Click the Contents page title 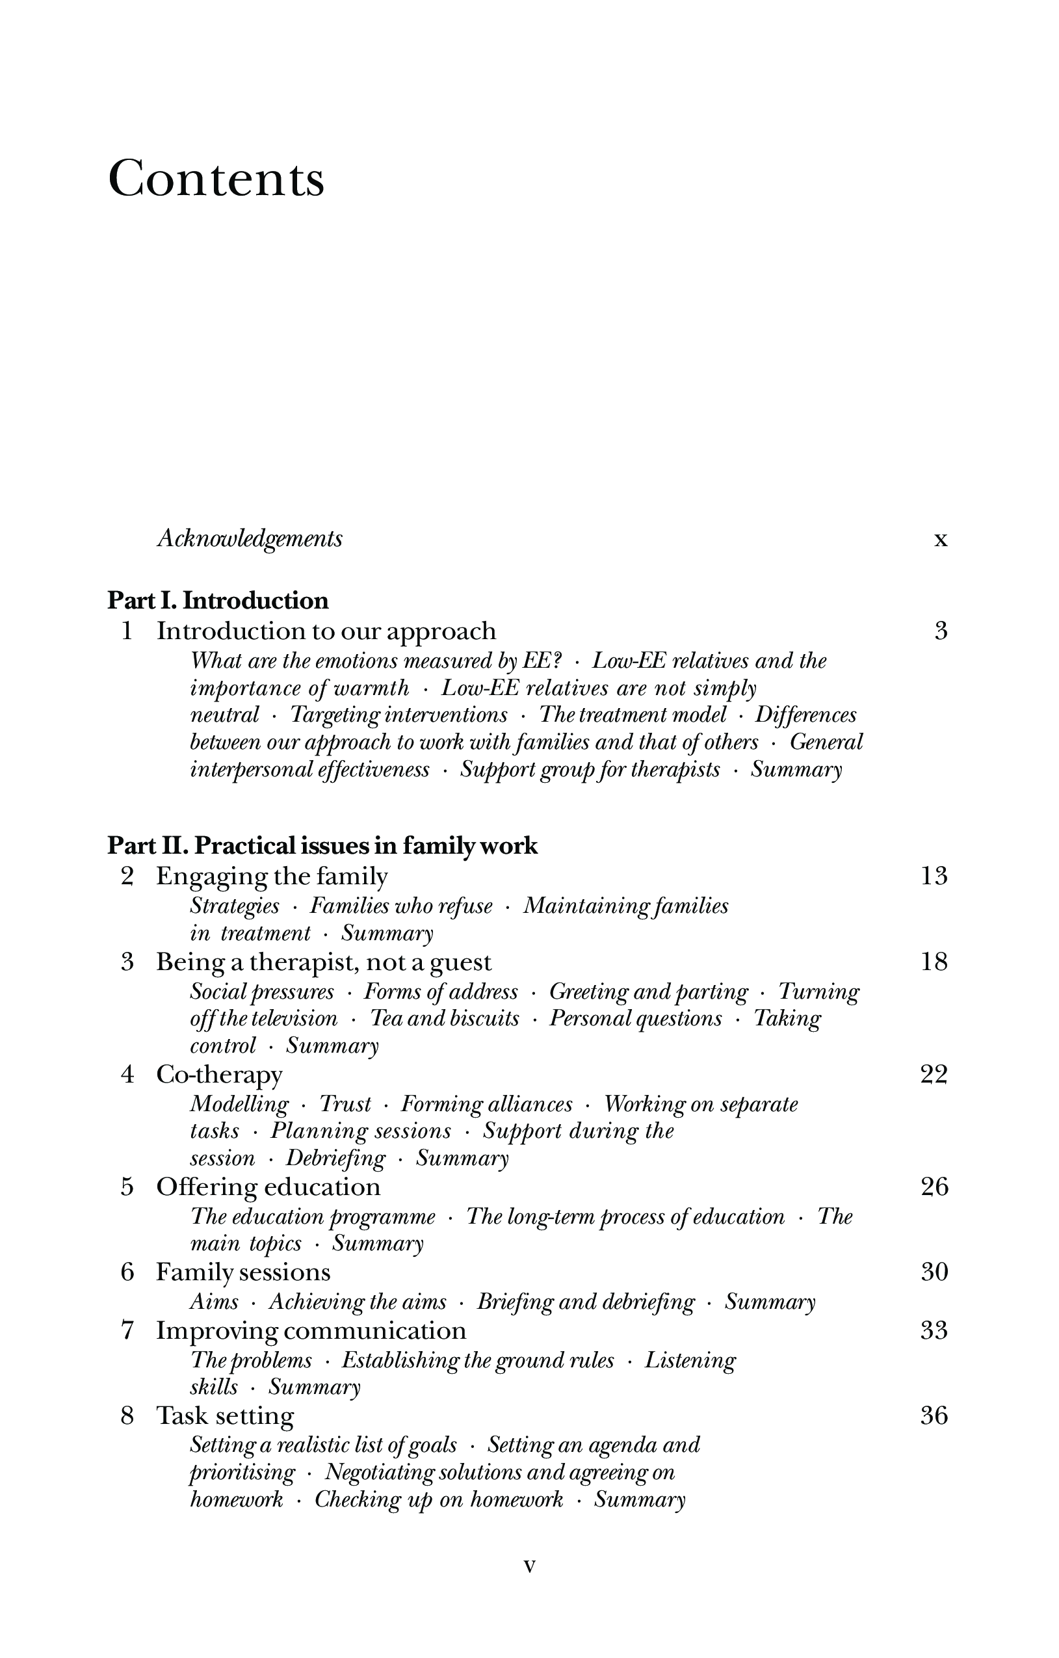(x=216, y=179)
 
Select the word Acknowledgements (x=249, y=538)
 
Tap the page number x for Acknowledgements (x=941, y=540)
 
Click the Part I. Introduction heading (x=218, y=600)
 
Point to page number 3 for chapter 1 (x=941, y=631)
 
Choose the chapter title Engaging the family (x=272, y=876)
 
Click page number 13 (x=934, y=876)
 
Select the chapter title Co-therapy (x=219, y=1075)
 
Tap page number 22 (x=934, y=1074)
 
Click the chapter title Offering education (x=268, y=1187)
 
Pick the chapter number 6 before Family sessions (x=127, y=1272)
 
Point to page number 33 (x=934, y=1330)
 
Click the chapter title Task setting (x=225, y=1415)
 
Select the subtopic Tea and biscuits (x=445, y=1018)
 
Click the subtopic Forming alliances (x=486, y=1104)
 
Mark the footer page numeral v (x=529, y=1566)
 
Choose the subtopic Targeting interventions (x=399, y=715)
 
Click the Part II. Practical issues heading (x=322, y=845)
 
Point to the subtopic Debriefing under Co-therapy (x=335, y=1158)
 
